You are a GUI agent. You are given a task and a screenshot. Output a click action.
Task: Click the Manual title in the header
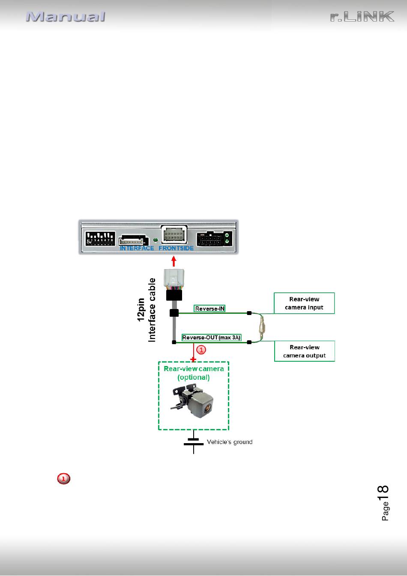[66, 17]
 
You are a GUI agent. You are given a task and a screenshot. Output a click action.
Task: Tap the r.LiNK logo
[362, 17]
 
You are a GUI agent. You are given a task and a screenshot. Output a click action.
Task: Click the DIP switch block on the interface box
[100, 238]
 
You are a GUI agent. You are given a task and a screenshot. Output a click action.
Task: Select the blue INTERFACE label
[137, 248]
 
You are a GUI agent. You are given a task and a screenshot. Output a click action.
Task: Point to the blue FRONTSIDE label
[176, 248]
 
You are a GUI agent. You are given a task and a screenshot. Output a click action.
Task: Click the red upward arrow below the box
[174, 261]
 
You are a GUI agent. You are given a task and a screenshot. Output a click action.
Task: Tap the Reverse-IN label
[209, 309]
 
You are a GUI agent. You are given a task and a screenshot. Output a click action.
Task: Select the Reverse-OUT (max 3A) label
[211, 338]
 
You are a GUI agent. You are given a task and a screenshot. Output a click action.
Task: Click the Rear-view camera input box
[304, 303]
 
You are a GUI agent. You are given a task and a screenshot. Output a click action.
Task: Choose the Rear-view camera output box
[305, 351]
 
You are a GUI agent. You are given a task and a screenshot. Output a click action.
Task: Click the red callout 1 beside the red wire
[201, 350]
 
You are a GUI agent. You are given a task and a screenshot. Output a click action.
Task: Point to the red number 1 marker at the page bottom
[63, 479]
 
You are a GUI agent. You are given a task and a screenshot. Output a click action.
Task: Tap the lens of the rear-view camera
[208, 408]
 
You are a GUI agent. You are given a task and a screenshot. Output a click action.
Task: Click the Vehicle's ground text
[230, 442]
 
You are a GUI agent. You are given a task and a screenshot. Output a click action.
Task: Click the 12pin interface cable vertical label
[147, 310]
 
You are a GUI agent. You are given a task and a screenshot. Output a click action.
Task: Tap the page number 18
[383, 493]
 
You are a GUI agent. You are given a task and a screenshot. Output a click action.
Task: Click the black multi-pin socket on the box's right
[215, 239]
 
